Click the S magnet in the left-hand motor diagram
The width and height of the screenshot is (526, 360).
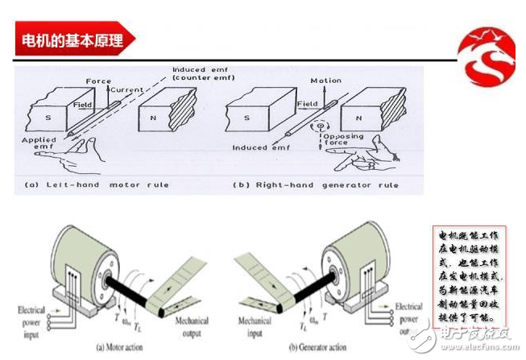(x=48, y=118)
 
